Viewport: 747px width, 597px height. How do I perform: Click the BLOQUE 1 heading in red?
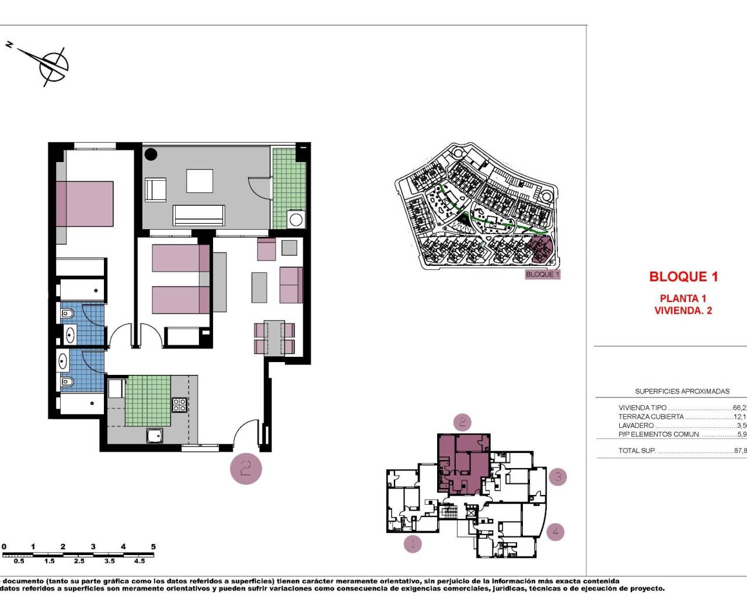pos(683,277)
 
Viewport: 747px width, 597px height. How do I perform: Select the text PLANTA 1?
pos(683,298)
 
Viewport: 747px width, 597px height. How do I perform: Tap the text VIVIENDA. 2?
pos(683,311)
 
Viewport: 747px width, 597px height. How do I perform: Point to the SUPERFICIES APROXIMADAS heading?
pos(682,391)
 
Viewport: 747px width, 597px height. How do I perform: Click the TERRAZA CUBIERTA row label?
pos(651,417)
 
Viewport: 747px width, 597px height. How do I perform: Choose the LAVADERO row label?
pos(636,426)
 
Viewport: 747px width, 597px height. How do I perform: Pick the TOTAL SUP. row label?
pos(637,451)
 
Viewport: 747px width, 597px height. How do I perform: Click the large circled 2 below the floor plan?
pos(246,468)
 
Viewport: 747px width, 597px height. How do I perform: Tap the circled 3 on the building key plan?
pos(557,477)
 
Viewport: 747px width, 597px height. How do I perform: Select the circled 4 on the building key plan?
pos(556,531)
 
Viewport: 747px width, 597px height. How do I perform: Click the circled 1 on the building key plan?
pos(413,544)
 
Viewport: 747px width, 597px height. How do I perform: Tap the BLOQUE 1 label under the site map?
pos(542,274)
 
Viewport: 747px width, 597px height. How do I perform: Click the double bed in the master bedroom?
pos(85,203)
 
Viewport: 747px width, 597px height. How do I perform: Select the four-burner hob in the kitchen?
pos(179,405)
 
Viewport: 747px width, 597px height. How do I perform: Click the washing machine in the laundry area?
pos(296,220)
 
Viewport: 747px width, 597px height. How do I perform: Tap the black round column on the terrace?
pos(151,155)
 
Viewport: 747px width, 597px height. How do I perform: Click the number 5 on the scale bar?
pos(153,547)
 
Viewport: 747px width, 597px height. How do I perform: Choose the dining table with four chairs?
pos(274,338)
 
